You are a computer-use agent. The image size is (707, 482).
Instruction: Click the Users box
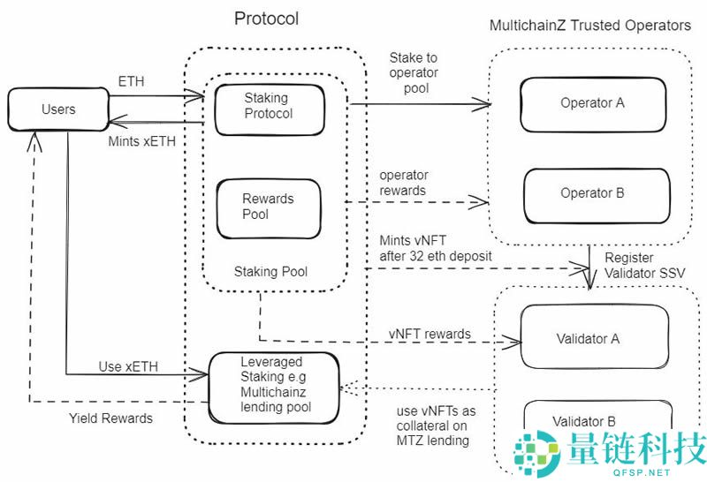pyautogui.click(x=58, y=109)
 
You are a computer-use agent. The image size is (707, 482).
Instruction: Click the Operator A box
pyautogui.click(x=592, y=102)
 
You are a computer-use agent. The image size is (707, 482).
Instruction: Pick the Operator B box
pyautogui.click(x=592, y=192)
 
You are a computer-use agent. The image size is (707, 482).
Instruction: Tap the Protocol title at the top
pyautogui.click(x=266, y=19)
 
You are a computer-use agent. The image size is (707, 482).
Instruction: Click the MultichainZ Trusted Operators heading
pyautogui.click(x=590, y=25)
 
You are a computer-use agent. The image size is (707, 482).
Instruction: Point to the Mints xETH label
pyautogui.click(x=141, y=140)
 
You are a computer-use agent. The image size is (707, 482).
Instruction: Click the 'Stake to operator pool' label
pyautogui.click(x=414, y=72)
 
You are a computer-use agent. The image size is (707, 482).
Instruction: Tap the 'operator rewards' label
pyautogui.click(x=402, y=183)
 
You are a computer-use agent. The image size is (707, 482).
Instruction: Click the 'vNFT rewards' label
pyautogui.click(x=430, y=334)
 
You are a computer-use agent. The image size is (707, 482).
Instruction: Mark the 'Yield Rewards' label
pyautogui.click(x=110, y=418)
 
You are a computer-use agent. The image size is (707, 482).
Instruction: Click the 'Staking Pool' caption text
pyautogui.click(x=270, y=271)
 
